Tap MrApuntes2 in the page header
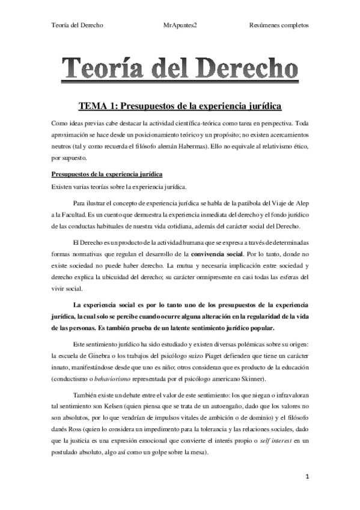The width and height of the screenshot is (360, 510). click(180, 25)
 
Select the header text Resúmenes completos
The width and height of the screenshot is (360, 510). click(278, 25)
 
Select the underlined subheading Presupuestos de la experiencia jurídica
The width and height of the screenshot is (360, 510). click(106, 174)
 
